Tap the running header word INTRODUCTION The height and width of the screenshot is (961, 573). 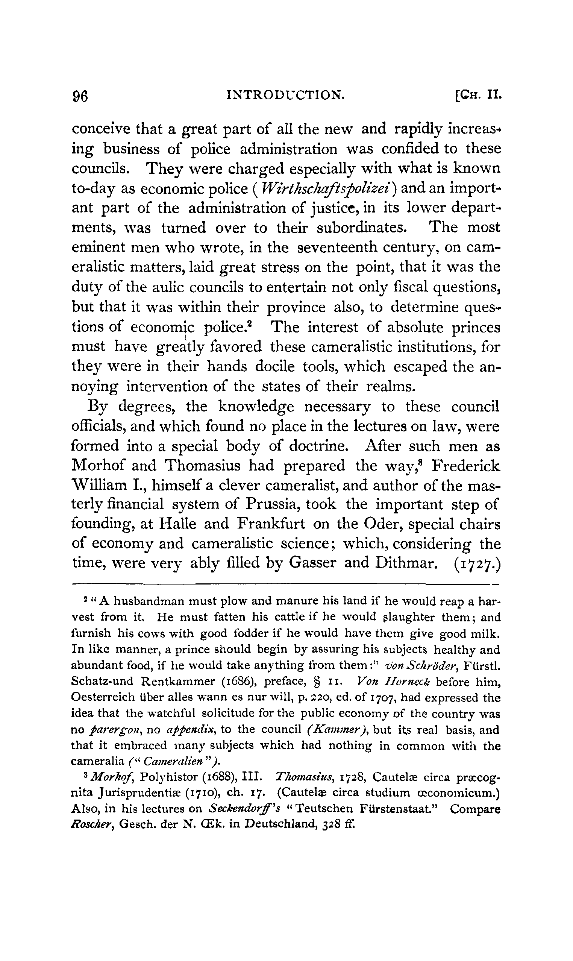coord(285,94)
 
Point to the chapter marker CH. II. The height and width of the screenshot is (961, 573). coord(478,94)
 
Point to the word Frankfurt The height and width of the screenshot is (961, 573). coord(271,524)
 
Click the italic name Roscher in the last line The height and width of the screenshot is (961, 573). coord(92,824)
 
